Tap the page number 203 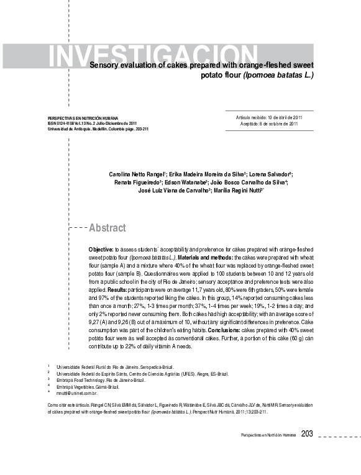coord(307,433)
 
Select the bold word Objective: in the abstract coord(101,248)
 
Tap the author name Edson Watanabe coord(189,183)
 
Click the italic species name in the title coord(278,75)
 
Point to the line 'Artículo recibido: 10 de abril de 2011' coord(268,117)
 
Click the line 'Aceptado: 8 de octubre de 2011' coord(269,124)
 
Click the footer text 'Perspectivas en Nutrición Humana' coord(268,435)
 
